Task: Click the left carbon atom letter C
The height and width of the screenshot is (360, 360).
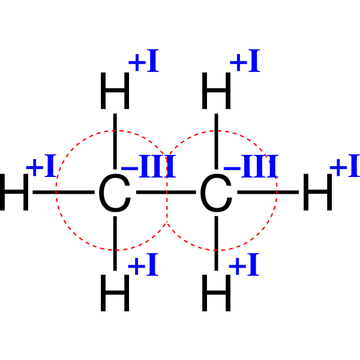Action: point(115,193)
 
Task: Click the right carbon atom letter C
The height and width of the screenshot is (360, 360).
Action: point(216,193)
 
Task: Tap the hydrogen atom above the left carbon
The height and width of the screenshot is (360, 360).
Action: point(115,91)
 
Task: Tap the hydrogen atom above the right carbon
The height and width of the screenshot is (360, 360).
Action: point(216,91)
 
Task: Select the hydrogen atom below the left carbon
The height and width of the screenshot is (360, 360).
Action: point(115,293)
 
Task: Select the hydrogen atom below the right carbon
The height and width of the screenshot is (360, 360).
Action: point(216,293)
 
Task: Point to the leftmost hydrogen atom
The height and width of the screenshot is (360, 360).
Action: point(14,192)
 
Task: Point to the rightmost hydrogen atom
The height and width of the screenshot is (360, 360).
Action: point(318,192)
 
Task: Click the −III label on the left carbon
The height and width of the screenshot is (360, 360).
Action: point(149,166)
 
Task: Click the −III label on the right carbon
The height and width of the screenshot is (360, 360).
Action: point(251,166)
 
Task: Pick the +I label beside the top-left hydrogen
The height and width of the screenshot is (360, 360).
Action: point(144,61)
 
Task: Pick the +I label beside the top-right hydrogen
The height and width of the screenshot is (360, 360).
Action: point(245,61)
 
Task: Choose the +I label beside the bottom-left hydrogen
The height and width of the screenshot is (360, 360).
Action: point(143,264)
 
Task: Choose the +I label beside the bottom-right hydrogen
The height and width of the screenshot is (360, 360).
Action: point(244,264)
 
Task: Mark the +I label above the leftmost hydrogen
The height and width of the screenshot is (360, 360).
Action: point(41,166)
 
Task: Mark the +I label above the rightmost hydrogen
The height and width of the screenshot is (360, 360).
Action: point(345,166)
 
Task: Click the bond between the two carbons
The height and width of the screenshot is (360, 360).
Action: point(166,192)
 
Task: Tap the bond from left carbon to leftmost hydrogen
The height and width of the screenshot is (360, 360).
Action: point(64,192)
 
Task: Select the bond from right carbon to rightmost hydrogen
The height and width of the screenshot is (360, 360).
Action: point(268,192)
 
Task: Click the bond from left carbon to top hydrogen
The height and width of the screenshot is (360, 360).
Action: point(115,142)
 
